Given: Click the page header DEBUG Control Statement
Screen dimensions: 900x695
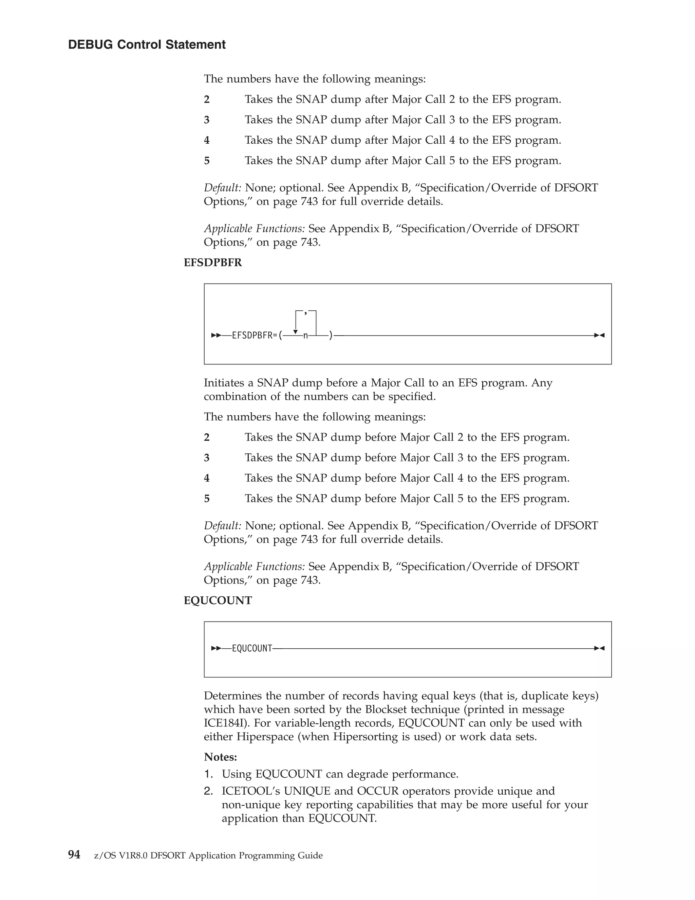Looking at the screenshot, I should [147, 44].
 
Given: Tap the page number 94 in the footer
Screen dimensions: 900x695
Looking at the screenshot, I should [74, 855].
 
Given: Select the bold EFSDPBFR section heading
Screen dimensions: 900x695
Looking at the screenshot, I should [212, 263].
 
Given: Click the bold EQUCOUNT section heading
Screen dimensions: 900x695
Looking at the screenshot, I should [218, 600].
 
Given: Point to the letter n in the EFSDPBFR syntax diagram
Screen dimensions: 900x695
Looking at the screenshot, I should [305, 336].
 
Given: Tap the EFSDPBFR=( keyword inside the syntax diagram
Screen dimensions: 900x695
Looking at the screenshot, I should [257, 336].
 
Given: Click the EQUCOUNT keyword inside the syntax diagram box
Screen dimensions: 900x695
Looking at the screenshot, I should [252, 649].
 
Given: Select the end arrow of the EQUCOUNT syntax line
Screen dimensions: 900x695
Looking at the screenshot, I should [600, 648].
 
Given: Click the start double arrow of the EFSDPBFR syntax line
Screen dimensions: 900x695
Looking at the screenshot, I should [216, 336].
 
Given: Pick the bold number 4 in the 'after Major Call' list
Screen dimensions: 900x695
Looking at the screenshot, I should [207, 140].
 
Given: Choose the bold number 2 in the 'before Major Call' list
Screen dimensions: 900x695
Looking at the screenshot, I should [207, 437].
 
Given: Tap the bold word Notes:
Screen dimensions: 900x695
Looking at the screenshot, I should [220, 757].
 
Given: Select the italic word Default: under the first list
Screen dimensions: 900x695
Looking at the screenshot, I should [222, 188].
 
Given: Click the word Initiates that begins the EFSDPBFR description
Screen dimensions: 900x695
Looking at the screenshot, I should [224, 383].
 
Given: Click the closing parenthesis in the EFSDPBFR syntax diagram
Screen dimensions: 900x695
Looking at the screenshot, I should [331, 336].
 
